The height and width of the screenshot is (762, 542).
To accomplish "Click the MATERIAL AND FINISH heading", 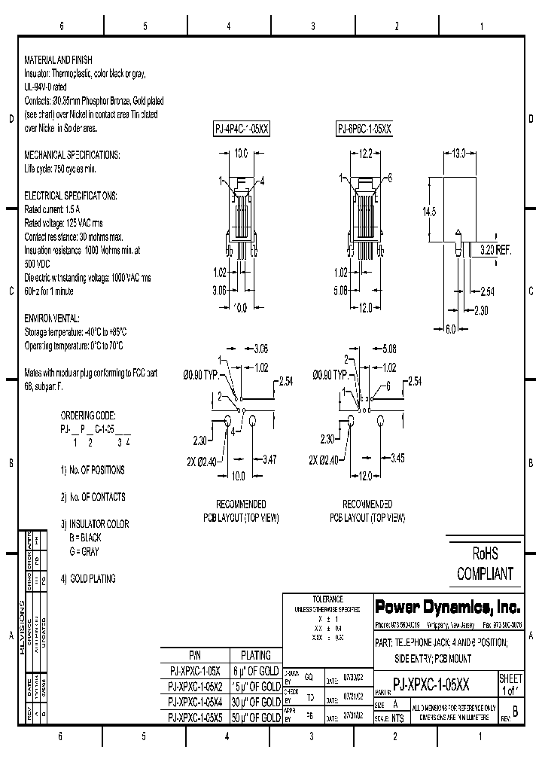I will [x=59, y=59].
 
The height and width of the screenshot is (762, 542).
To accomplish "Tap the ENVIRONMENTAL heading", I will [x=52, y=319].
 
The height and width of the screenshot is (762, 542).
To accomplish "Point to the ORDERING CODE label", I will [x=87, y=415].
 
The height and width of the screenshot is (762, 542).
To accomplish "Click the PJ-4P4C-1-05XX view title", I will [x=241, y=130].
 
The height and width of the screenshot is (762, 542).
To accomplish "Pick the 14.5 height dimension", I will [x=429, y=212].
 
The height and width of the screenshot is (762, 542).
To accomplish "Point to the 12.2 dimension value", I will [x=365, y=153].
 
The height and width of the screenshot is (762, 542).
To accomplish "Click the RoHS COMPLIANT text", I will [x=485, y=565].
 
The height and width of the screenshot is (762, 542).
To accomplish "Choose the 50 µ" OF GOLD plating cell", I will [x=254, y=718].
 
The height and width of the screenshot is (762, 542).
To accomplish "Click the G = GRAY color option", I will [x=84, y=552].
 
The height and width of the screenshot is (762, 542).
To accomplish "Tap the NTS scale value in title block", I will [x=397, y=718].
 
